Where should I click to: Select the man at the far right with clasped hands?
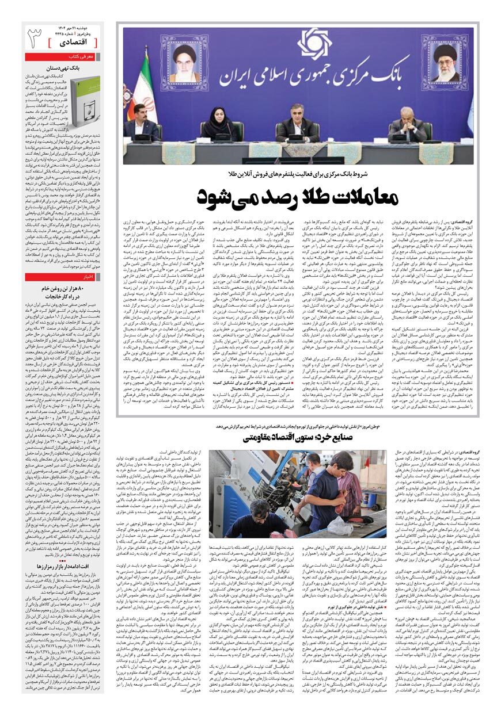409,124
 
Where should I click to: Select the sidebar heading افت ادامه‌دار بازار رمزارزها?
68,550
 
